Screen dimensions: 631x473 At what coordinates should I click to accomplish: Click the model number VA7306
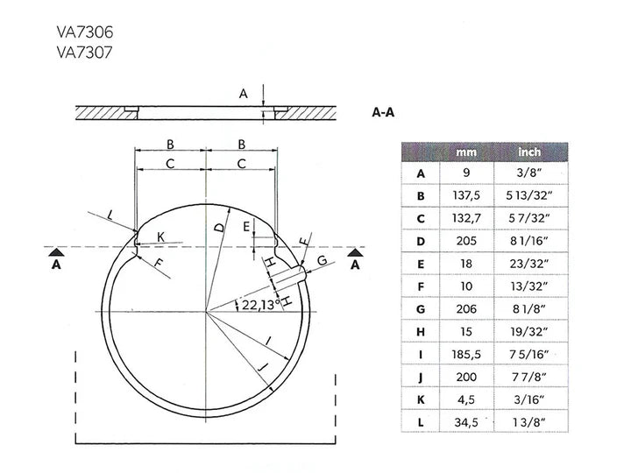(x=85, y=32)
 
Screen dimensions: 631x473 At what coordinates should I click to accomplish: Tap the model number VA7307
(x=84, y=53)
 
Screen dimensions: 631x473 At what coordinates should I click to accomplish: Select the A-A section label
(x=383, y=112)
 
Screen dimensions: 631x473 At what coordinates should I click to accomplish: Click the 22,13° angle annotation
(x=261, y=305)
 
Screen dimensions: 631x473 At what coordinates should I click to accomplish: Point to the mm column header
(x=466, y=152)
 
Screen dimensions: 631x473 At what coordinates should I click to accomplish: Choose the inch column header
(x=529, y=152)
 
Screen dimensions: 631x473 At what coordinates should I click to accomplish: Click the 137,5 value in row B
(x=466, y=195)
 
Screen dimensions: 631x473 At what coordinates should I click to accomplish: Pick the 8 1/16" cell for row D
(x=529, y=241)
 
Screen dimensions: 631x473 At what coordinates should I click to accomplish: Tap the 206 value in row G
(x=466, y=309)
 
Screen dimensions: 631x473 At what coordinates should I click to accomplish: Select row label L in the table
(x=421, y=422)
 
